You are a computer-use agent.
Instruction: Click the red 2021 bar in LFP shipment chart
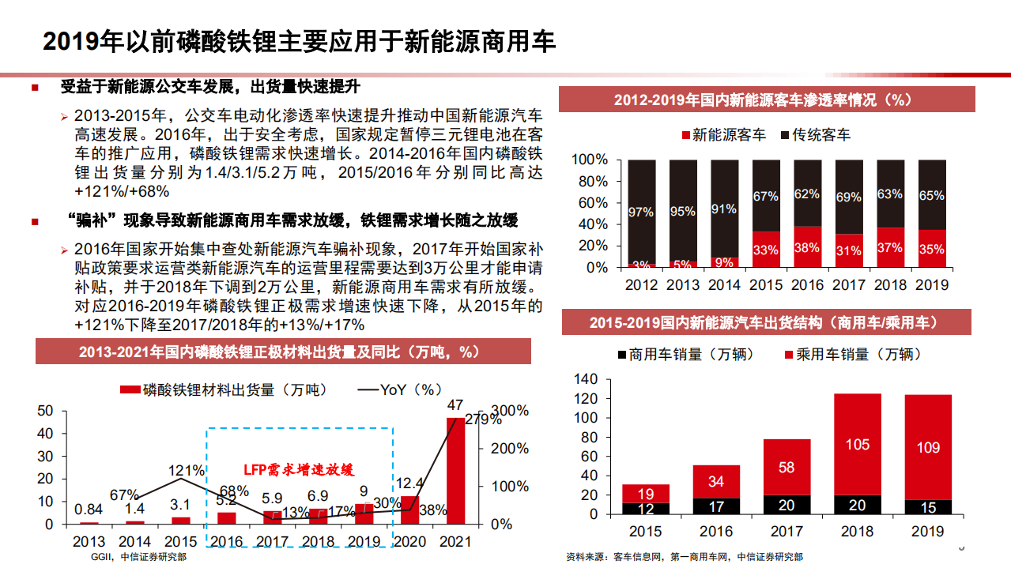[455, 471]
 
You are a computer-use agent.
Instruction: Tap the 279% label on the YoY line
[484, 419]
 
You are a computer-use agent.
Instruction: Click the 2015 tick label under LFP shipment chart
[181, 542]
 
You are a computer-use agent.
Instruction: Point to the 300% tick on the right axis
[510, 411]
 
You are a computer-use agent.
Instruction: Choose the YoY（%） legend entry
[400, 389]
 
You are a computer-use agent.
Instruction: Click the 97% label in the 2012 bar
[640, 212]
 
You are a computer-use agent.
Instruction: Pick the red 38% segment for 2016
[807, 247]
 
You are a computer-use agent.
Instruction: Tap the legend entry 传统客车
[815, 135]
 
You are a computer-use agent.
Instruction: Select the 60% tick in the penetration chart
[590, 203]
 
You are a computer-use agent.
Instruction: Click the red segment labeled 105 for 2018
[858, 444]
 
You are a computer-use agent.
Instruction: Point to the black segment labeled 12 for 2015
[646, 509]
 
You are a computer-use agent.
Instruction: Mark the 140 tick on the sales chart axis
[586, 380]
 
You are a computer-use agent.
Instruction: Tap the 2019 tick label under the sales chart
[928, 532]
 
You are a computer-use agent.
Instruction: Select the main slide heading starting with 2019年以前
[299, 42]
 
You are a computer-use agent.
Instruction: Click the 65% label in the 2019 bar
[932, 195]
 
